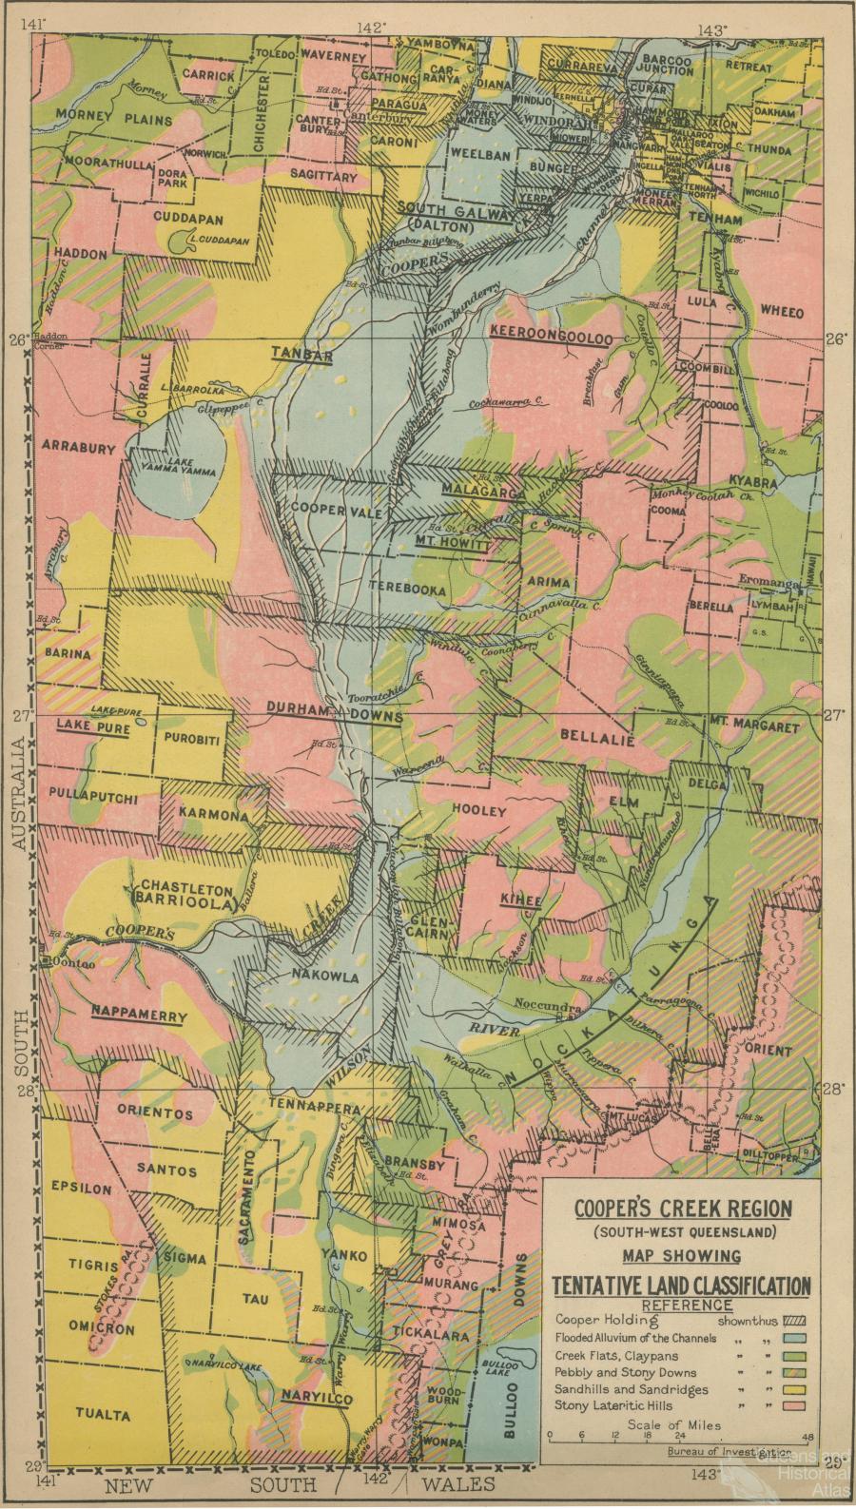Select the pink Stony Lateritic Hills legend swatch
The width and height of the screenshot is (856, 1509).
(x=792, y=1403)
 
